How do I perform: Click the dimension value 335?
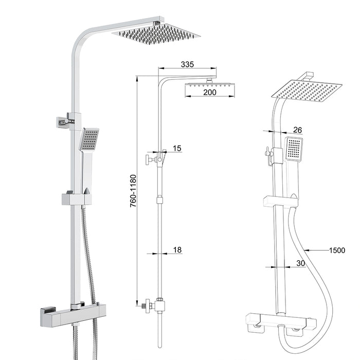tap(187, 64)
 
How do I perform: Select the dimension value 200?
tap(209, 93)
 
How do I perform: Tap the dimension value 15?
tap(177, 149)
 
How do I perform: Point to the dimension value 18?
tap(177, 250)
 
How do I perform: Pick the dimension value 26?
tap(298, 129)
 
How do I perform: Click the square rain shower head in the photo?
tap(156, 33)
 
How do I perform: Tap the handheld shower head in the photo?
tap(89, 139)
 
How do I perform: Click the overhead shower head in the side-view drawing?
tap(210, 83)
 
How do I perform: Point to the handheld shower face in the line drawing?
tap(294, 148)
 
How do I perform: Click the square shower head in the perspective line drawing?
tap(307, 91)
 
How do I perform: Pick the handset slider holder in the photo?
tap(77, 199)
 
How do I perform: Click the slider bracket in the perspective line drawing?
tap(280, 201)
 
